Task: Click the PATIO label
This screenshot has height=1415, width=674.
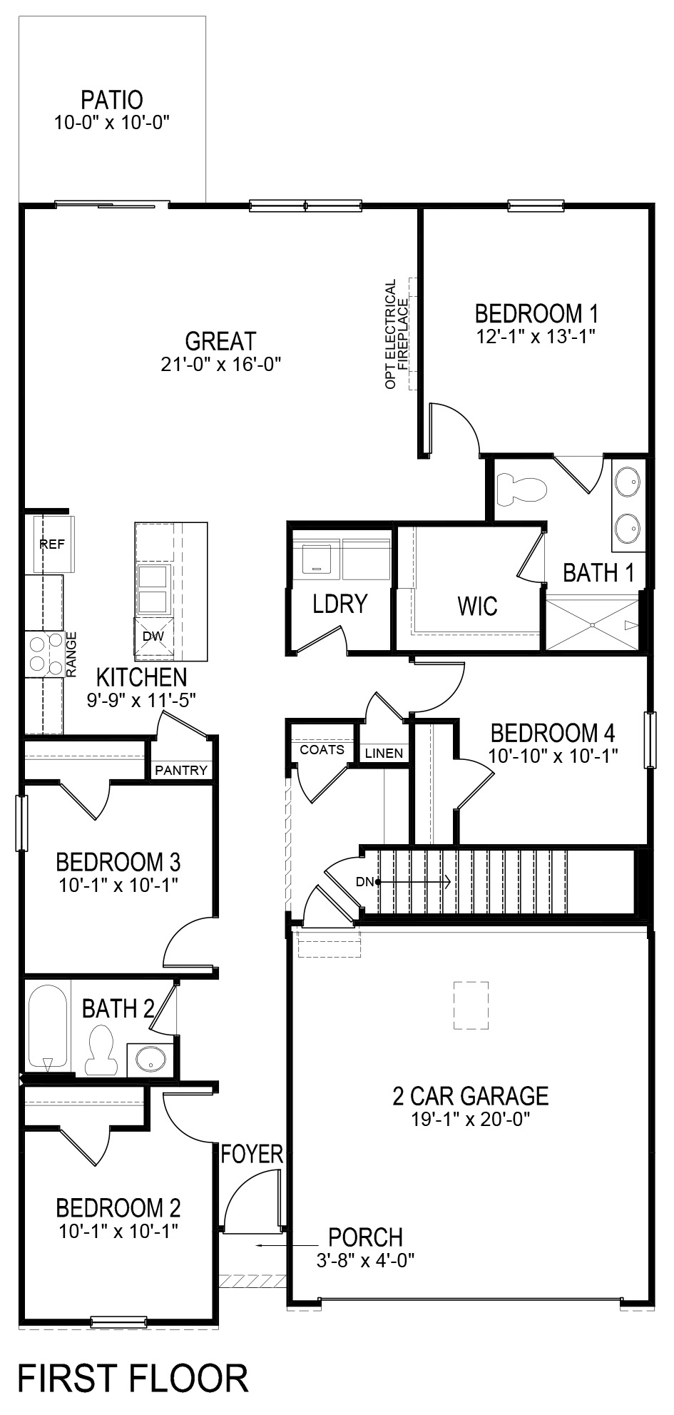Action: point(111,99)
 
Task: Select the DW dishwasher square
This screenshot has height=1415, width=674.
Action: point(153,636)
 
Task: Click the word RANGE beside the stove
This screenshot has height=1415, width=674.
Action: point(71,654)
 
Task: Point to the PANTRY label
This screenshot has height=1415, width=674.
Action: point(181,770)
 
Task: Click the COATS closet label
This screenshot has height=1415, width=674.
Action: point(322,749)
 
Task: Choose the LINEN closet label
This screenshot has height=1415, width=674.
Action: point(384,753)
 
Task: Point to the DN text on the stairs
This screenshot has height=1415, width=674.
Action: point(364,881)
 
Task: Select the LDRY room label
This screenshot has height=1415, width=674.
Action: point(339,604)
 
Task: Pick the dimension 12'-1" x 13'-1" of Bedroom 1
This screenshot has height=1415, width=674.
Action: point(536,335)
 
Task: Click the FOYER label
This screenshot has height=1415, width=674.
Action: point(252,1154)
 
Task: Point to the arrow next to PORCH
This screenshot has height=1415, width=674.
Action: point(279,1246)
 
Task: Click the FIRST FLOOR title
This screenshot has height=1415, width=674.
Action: point(133,1378)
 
